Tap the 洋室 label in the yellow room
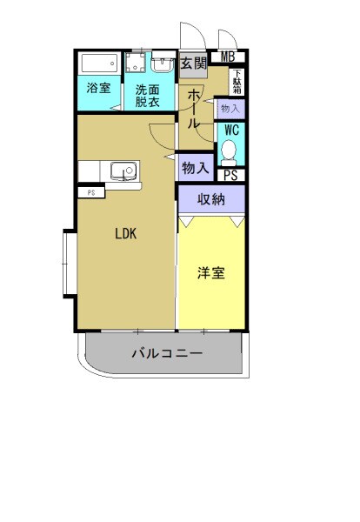(210, 273)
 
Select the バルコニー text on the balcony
(167, 354)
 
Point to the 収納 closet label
(211, 199)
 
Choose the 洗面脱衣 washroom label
(148, 95)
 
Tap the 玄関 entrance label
(194, 63)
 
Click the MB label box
(228, 58)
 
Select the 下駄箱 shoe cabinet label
(236, 82)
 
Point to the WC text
(231, 130)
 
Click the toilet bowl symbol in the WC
(230, 152)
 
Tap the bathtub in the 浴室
(98, 64)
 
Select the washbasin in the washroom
(163, 65)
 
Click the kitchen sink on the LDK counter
(119, 169)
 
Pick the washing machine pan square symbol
(135, 64)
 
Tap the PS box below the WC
(230, 175)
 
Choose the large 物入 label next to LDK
(194, 165)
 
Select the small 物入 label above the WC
(230, 109)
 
